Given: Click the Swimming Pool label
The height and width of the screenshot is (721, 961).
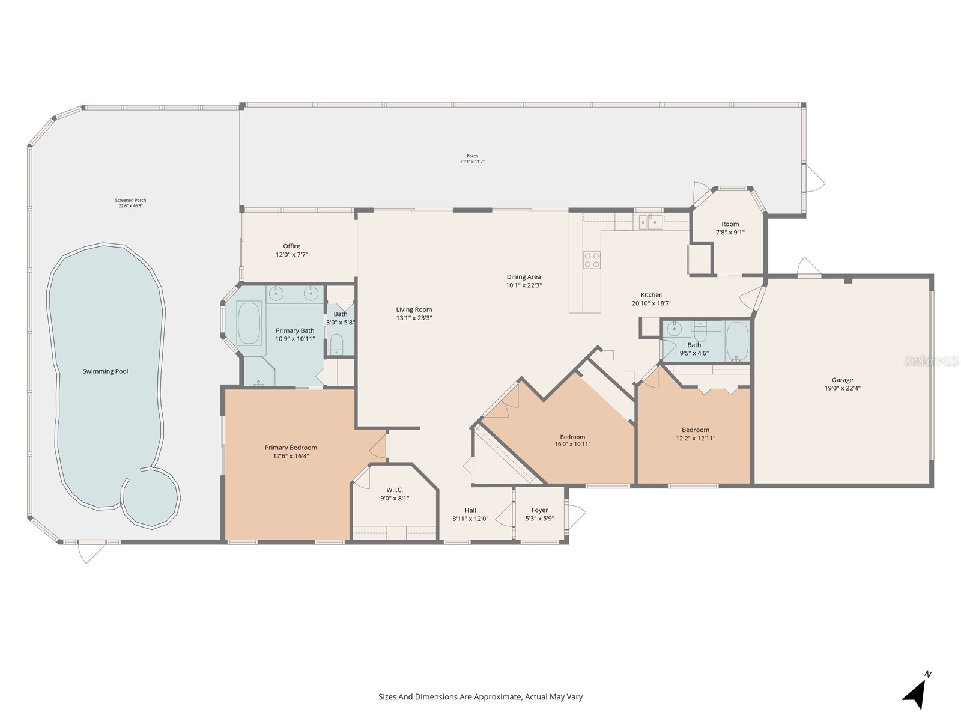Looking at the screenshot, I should click(106, 371).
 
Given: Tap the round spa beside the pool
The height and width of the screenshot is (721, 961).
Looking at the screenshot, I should click(151, 498).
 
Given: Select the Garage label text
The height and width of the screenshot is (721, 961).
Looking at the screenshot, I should click(842, 380).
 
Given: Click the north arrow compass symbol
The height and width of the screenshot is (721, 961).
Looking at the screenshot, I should click(915, 694).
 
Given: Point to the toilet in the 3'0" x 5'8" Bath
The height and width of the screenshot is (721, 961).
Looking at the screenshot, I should click(337, 344).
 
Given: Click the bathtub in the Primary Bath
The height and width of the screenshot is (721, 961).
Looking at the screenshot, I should click(249, 323).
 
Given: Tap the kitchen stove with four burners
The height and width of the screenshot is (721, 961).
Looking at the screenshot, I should click(592, 260).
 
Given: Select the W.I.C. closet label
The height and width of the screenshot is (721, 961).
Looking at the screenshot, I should click(395, 490).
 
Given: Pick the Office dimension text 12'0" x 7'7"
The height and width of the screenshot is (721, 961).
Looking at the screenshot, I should click(291, 255).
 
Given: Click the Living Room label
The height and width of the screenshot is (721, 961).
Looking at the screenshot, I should click(414, 309).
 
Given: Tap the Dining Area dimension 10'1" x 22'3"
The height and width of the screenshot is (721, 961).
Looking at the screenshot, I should click(524, 285).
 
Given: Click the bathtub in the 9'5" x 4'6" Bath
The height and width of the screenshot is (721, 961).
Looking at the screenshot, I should click(737, 340).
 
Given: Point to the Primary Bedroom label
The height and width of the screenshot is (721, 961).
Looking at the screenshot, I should click(291, 448).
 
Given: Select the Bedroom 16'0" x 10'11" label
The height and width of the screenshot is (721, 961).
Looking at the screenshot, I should click(572, 437).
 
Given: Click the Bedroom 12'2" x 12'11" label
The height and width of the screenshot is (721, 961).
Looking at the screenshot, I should click(695, 430).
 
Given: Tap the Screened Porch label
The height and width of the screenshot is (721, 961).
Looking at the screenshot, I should click(130, 201).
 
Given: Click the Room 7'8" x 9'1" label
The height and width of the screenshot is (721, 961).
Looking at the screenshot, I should click(730, 224).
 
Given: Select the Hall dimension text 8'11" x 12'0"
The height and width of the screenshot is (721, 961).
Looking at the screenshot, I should click(470, 519).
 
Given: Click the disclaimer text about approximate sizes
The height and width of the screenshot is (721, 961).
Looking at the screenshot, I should click(480, 697).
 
